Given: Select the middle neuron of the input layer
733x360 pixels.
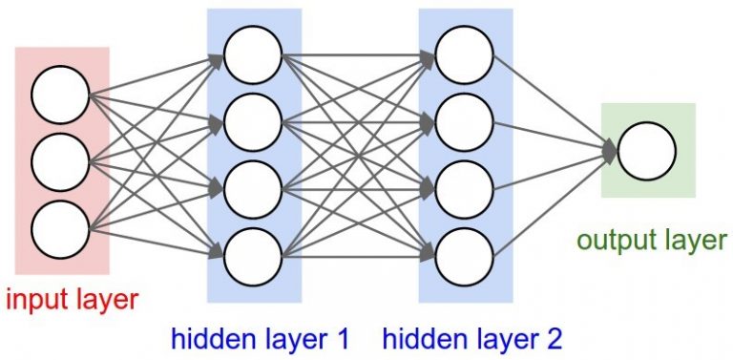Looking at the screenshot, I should pyautogui.click(x=60, y=163).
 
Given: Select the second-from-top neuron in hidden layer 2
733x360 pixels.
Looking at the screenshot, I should pyautogui.click(x=465, y=120).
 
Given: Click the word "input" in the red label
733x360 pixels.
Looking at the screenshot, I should pyautogui.click(x=36, y=301).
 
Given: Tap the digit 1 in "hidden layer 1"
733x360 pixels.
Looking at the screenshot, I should pyautogui.click(x=341, y=338).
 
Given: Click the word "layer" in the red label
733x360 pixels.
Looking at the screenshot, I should pyautogui.click(x=105, y=301).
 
